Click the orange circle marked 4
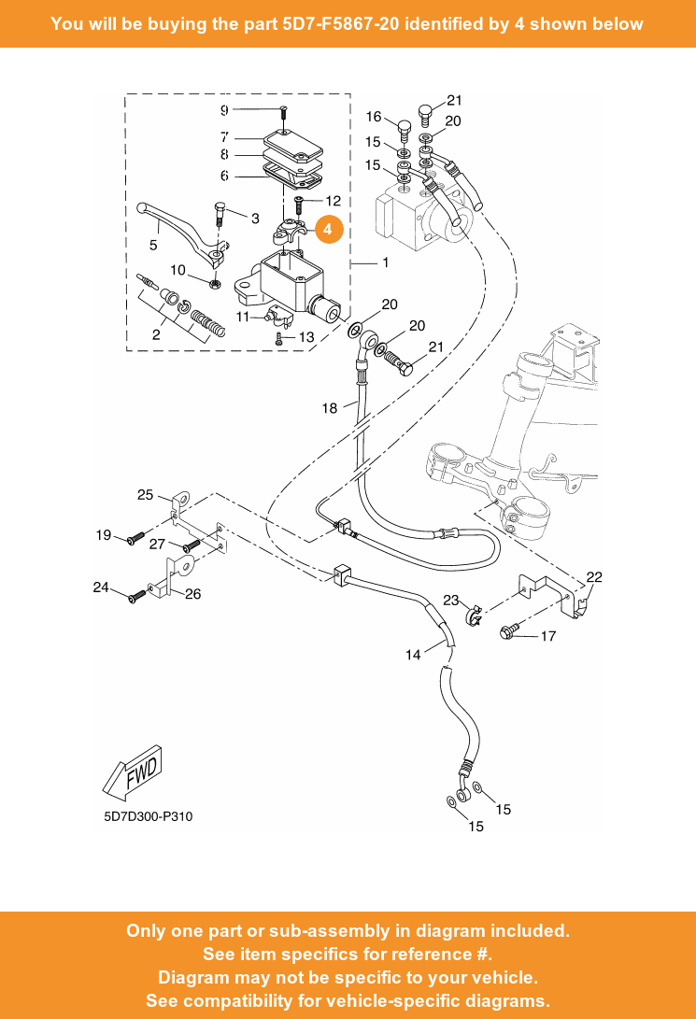pos(328,229)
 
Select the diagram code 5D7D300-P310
pos(149,817)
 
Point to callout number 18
pos(330,408)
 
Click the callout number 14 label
pos(413,655)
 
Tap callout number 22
pos(594,577)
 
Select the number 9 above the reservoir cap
pos(224,110)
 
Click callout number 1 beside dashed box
pos(385,263)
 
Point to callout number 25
pos(146,495)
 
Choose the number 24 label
pos(101,587)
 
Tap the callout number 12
pos(333,201)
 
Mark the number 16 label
pos(374,117)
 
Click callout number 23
pos(450,601)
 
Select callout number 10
pos(178,270)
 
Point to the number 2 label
pos(156,333)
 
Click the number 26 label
pos(192,593)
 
